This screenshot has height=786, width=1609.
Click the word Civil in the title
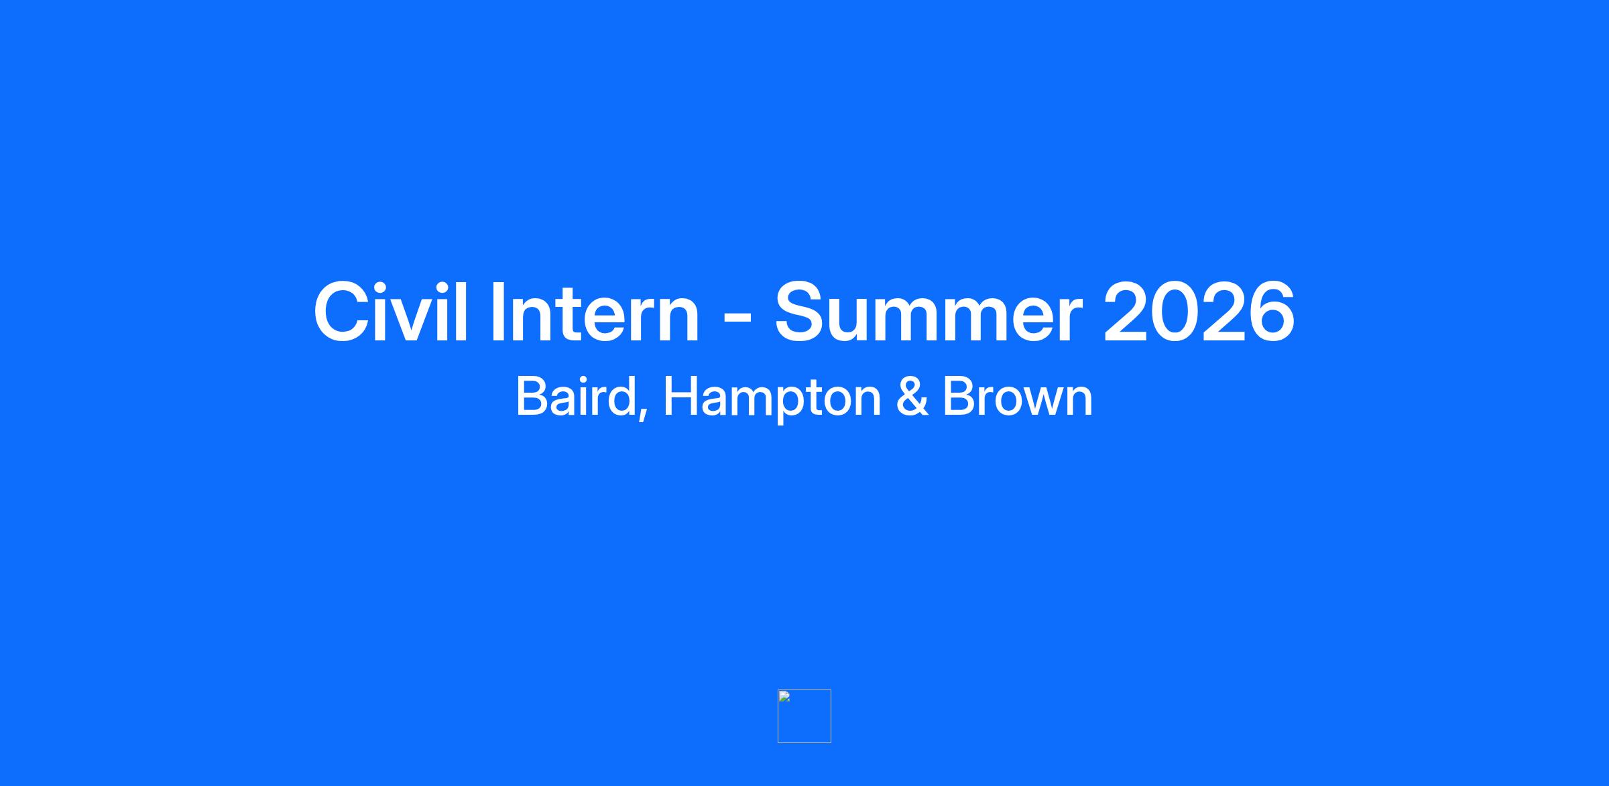(x=390, y=312)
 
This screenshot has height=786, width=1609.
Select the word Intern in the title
(x=595, y=312)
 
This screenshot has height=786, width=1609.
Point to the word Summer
(x=929, y=312)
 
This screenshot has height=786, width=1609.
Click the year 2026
(x=1199, y=312)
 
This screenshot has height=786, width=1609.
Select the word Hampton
(x=772, y=399)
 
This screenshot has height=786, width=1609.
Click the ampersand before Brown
(x=912, y=397)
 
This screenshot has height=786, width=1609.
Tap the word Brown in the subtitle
(x=1018, y=397)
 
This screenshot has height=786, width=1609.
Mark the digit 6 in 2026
(x=1270, y=312)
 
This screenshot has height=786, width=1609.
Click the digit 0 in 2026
(x=1175, y=312)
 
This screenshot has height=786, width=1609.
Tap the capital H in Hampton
(x=680, y=397)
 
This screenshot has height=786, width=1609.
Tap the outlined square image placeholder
(x=778, y=716)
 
